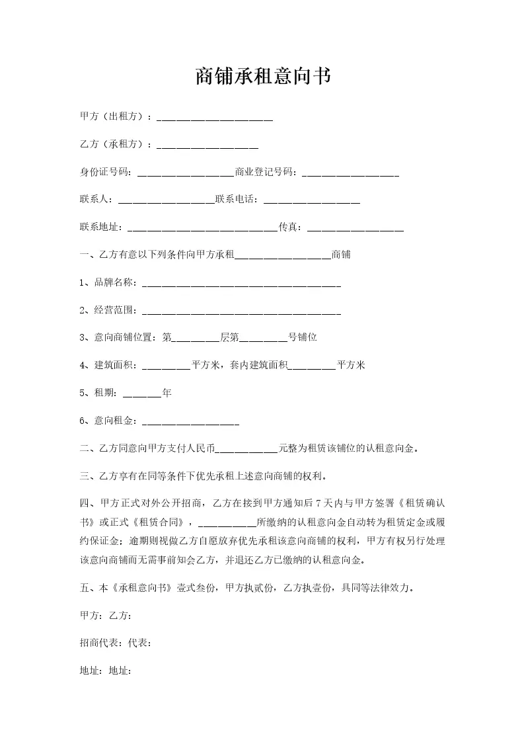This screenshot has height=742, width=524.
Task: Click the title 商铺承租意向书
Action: click(262, 77)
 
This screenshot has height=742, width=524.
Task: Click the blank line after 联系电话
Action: click(311, 201)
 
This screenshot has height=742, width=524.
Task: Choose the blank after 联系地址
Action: click(202, 229)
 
